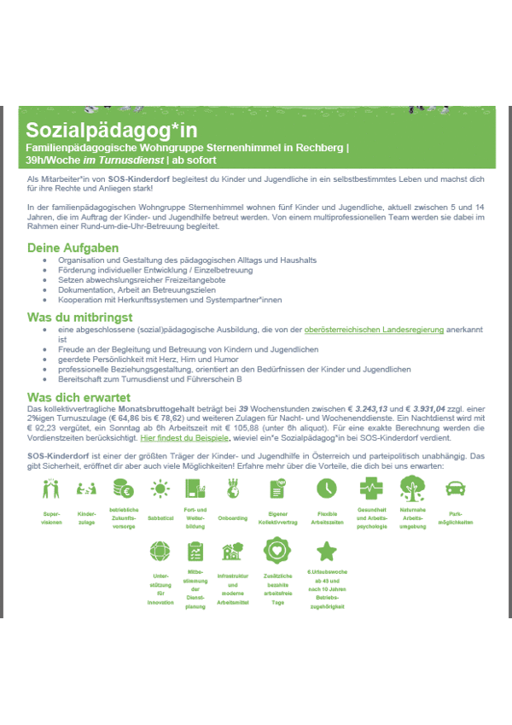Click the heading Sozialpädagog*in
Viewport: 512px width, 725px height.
click(x=111, y=130)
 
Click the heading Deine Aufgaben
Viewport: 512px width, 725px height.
click(x=73, y=248)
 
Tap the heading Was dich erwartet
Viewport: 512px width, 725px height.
click(x=79, y=398)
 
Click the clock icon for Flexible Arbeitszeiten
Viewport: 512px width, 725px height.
click(x=326, y=488)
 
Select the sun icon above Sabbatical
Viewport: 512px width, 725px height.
click(x=160, y=489)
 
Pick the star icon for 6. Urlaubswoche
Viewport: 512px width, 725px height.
click(x=326, y=551)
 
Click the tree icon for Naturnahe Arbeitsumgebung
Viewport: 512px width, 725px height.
click(x=413, y=488)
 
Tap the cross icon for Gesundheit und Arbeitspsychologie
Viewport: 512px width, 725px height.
click(x=371, y=489)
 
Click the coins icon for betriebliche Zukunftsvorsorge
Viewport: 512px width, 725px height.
click(x=123, y=489)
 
